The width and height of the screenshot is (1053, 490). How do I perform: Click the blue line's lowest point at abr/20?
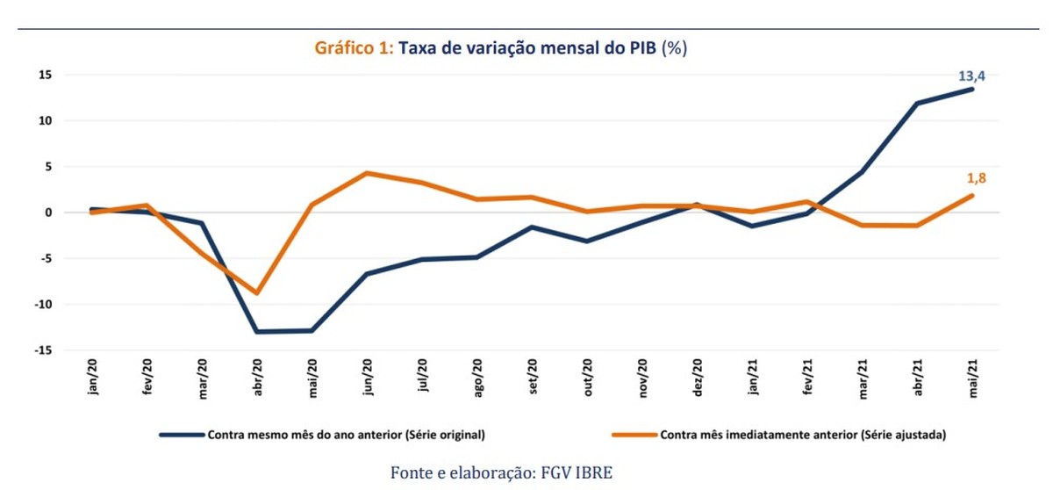tap(257, 332)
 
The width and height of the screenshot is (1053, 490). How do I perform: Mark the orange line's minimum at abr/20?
tap(257, 292)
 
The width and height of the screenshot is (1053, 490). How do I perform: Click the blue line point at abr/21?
tap(917, 104)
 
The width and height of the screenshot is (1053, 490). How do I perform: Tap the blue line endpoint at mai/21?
tap(971, 89)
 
